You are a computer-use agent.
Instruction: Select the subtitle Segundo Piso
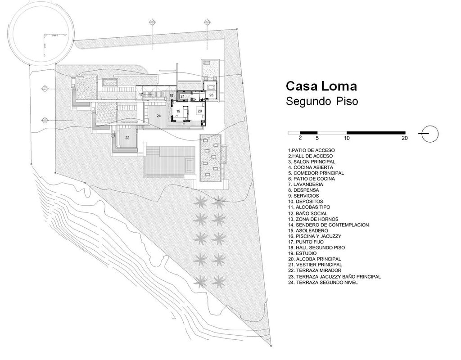coord(322,101)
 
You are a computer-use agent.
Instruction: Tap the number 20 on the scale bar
coord(404,138)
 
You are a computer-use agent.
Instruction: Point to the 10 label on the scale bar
coord(346,138)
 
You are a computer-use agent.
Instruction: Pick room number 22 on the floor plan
coord(127,138)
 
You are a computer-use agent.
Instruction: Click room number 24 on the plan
coord(158,116)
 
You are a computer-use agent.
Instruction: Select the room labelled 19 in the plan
coord(178,110)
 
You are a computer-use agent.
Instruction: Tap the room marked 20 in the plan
coord(199,110)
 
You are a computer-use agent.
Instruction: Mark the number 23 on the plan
coord(211,95)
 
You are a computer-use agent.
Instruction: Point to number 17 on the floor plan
coord(140,94)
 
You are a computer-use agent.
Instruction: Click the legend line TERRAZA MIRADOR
coord(315,270)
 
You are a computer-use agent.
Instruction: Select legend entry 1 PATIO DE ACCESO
coord(311,150)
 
